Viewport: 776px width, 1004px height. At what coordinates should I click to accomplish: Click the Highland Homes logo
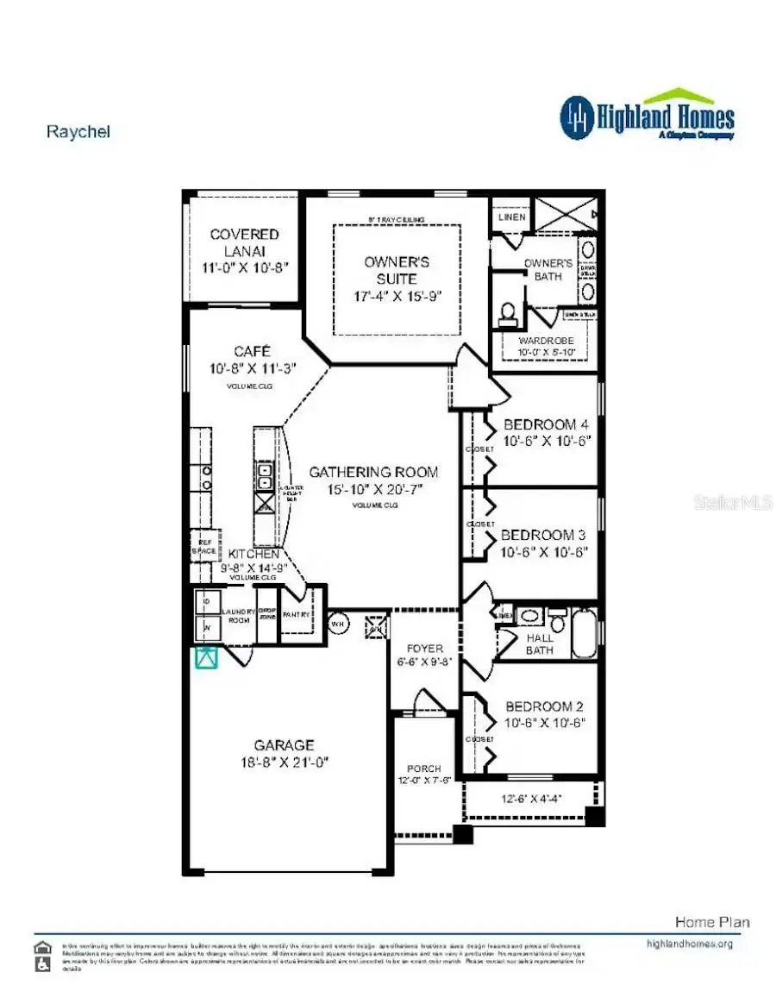(x=647, y=116)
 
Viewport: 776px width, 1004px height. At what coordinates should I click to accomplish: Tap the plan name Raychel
(x=78, y=132)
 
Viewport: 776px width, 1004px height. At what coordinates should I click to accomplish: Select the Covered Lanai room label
(x=245, y=242)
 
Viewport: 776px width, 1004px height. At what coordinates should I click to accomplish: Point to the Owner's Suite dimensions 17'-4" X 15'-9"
(x=397, y=296)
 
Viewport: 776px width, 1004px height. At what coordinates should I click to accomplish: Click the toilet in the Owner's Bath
(x=508, y=312)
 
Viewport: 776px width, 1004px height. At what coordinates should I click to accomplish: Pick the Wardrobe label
(x=546, y=341)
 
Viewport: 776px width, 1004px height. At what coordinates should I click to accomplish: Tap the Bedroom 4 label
(x=546, y=424)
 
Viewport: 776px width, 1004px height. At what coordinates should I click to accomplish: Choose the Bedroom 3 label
(x=544, y=535)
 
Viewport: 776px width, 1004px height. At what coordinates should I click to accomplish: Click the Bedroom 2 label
(x=546, y=706)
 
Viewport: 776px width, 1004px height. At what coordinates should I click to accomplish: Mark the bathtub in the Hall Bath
(x=584, y=634)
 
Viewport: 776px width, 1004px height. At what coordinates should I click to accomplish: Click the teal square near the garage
(x=206, y=658)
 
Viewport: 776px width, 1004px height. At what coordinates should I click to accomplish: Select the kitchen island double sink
(x=265, y=476)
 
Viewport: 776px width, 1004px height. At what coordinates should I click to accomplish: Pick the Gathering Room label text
(x=373, y=473)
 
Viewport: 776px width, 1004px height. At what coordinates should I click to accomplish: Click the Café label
(x=252, y=352)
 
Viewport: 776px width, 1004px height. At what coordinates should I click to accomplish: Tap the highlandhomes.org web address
(x=689, y=944)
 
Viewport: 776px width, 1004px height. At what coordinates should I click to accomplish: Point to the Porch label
(x=424, y=769)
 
